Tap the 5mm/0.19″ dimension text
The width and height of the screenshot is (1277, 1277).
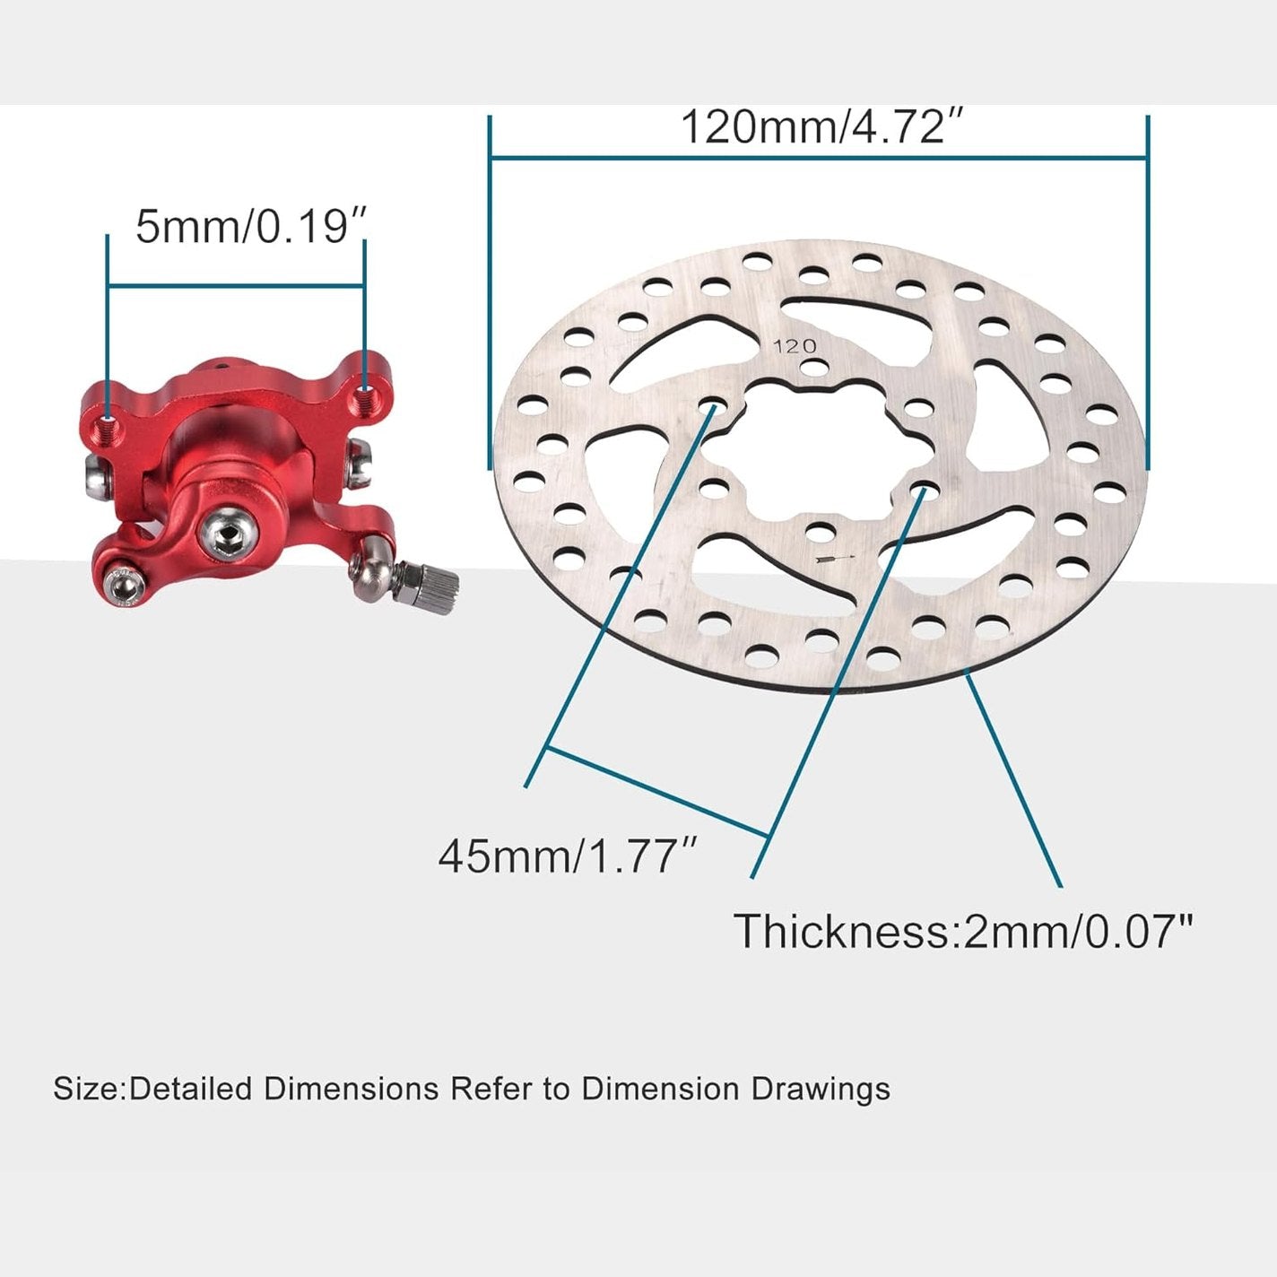[251, 226]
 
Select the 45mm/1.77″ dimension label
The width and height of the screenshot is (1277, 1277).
[568, 856]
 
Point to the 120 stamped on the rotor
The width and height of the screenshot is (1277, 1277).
[795, 346]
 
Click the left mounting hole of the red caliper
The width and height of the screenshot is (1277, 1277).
[109, 420]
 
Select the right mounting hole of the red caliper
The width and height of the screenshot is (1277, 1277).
[364, 391]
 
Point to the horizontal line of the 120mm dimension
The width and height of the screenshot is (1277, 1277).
[818, 159]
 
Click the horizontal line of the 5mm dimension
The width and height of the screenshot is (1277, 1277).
[235, 286]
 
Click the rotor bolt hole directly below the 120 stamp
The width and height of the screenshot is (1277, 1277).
[813, 368]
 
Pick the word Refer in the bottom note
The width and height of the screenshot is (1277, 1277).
[491, 1089]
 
